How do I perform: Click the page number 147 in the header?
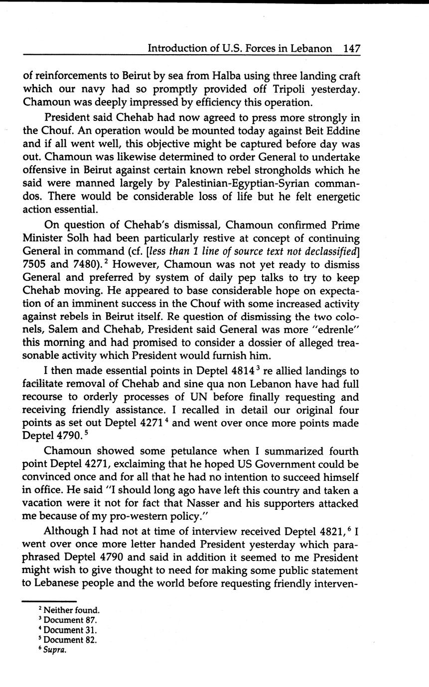(x=351, y=48)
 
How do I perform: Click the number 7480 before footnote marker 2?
(x=88, y=264)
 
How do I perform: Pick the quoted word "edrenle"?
(x=336, y=330)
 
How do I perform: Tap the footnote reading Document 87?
(x=70, y=620)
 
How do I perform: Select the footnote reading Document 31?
(x=70, y=630)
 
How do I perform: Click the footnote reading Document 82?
(x=70, y=640)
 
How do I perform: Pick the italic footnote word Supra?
(x=55, y=650)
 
